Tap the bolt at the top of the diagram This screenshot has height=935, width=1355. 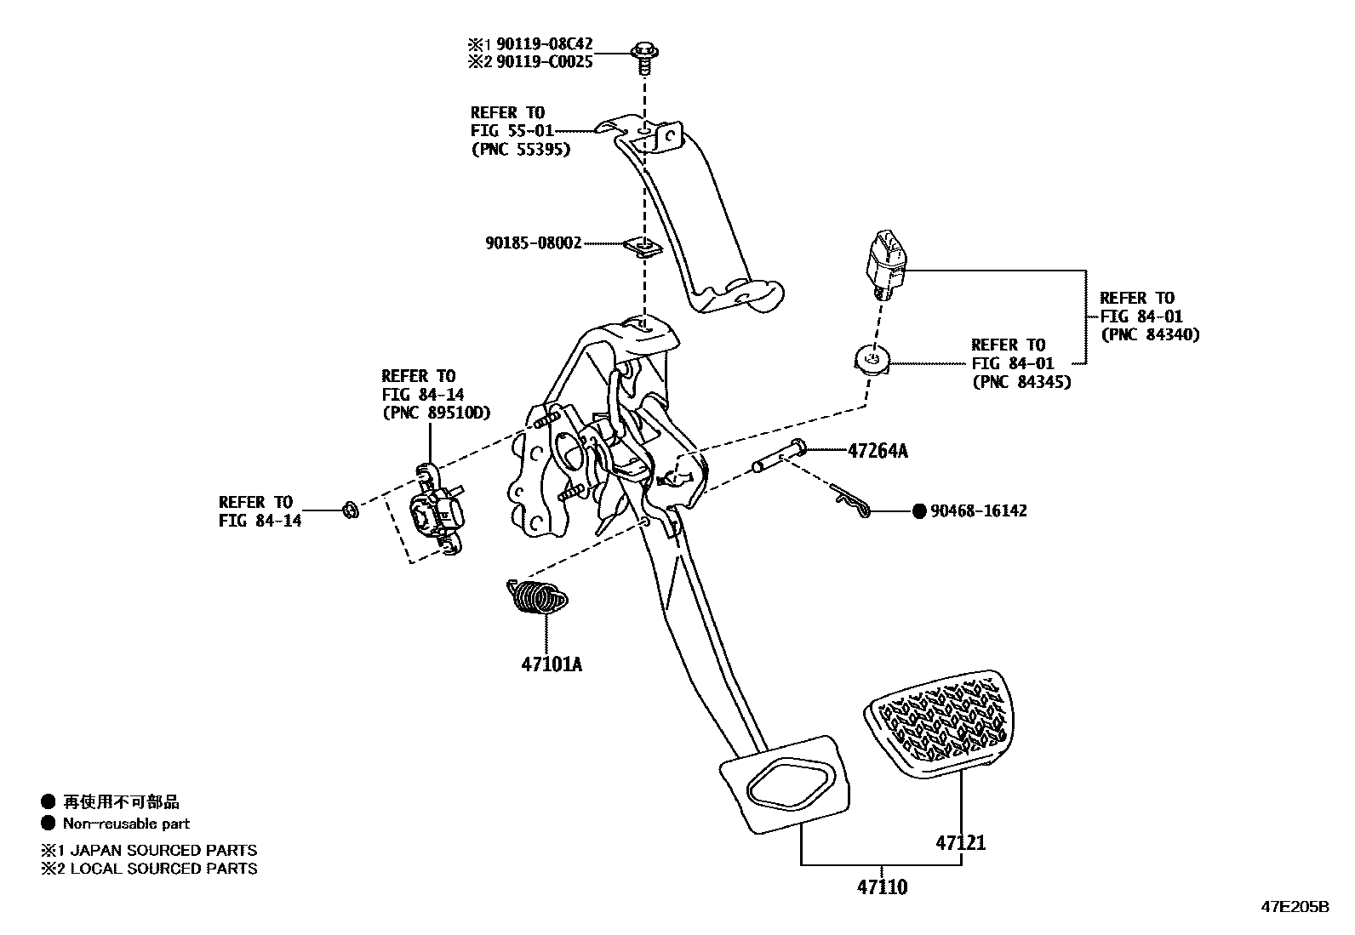coord(643,54)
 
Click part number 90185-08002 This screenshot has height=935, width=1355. coord(534,243)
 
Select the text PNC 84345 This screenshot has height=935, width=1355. coord(1021,383)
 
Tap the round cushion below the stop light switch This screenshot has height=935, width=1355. coord(872,362)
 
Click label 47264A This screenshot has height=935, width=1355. coord(877,452)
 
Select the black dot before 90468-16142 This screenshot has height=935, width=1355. coord(918,511)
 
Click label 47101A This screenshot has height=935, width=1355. coord(552,664)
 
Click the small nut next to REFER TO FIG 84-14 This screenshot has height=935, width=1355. coord(349,510)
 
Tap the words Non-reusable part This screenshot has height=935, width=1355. coord(126,824)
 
